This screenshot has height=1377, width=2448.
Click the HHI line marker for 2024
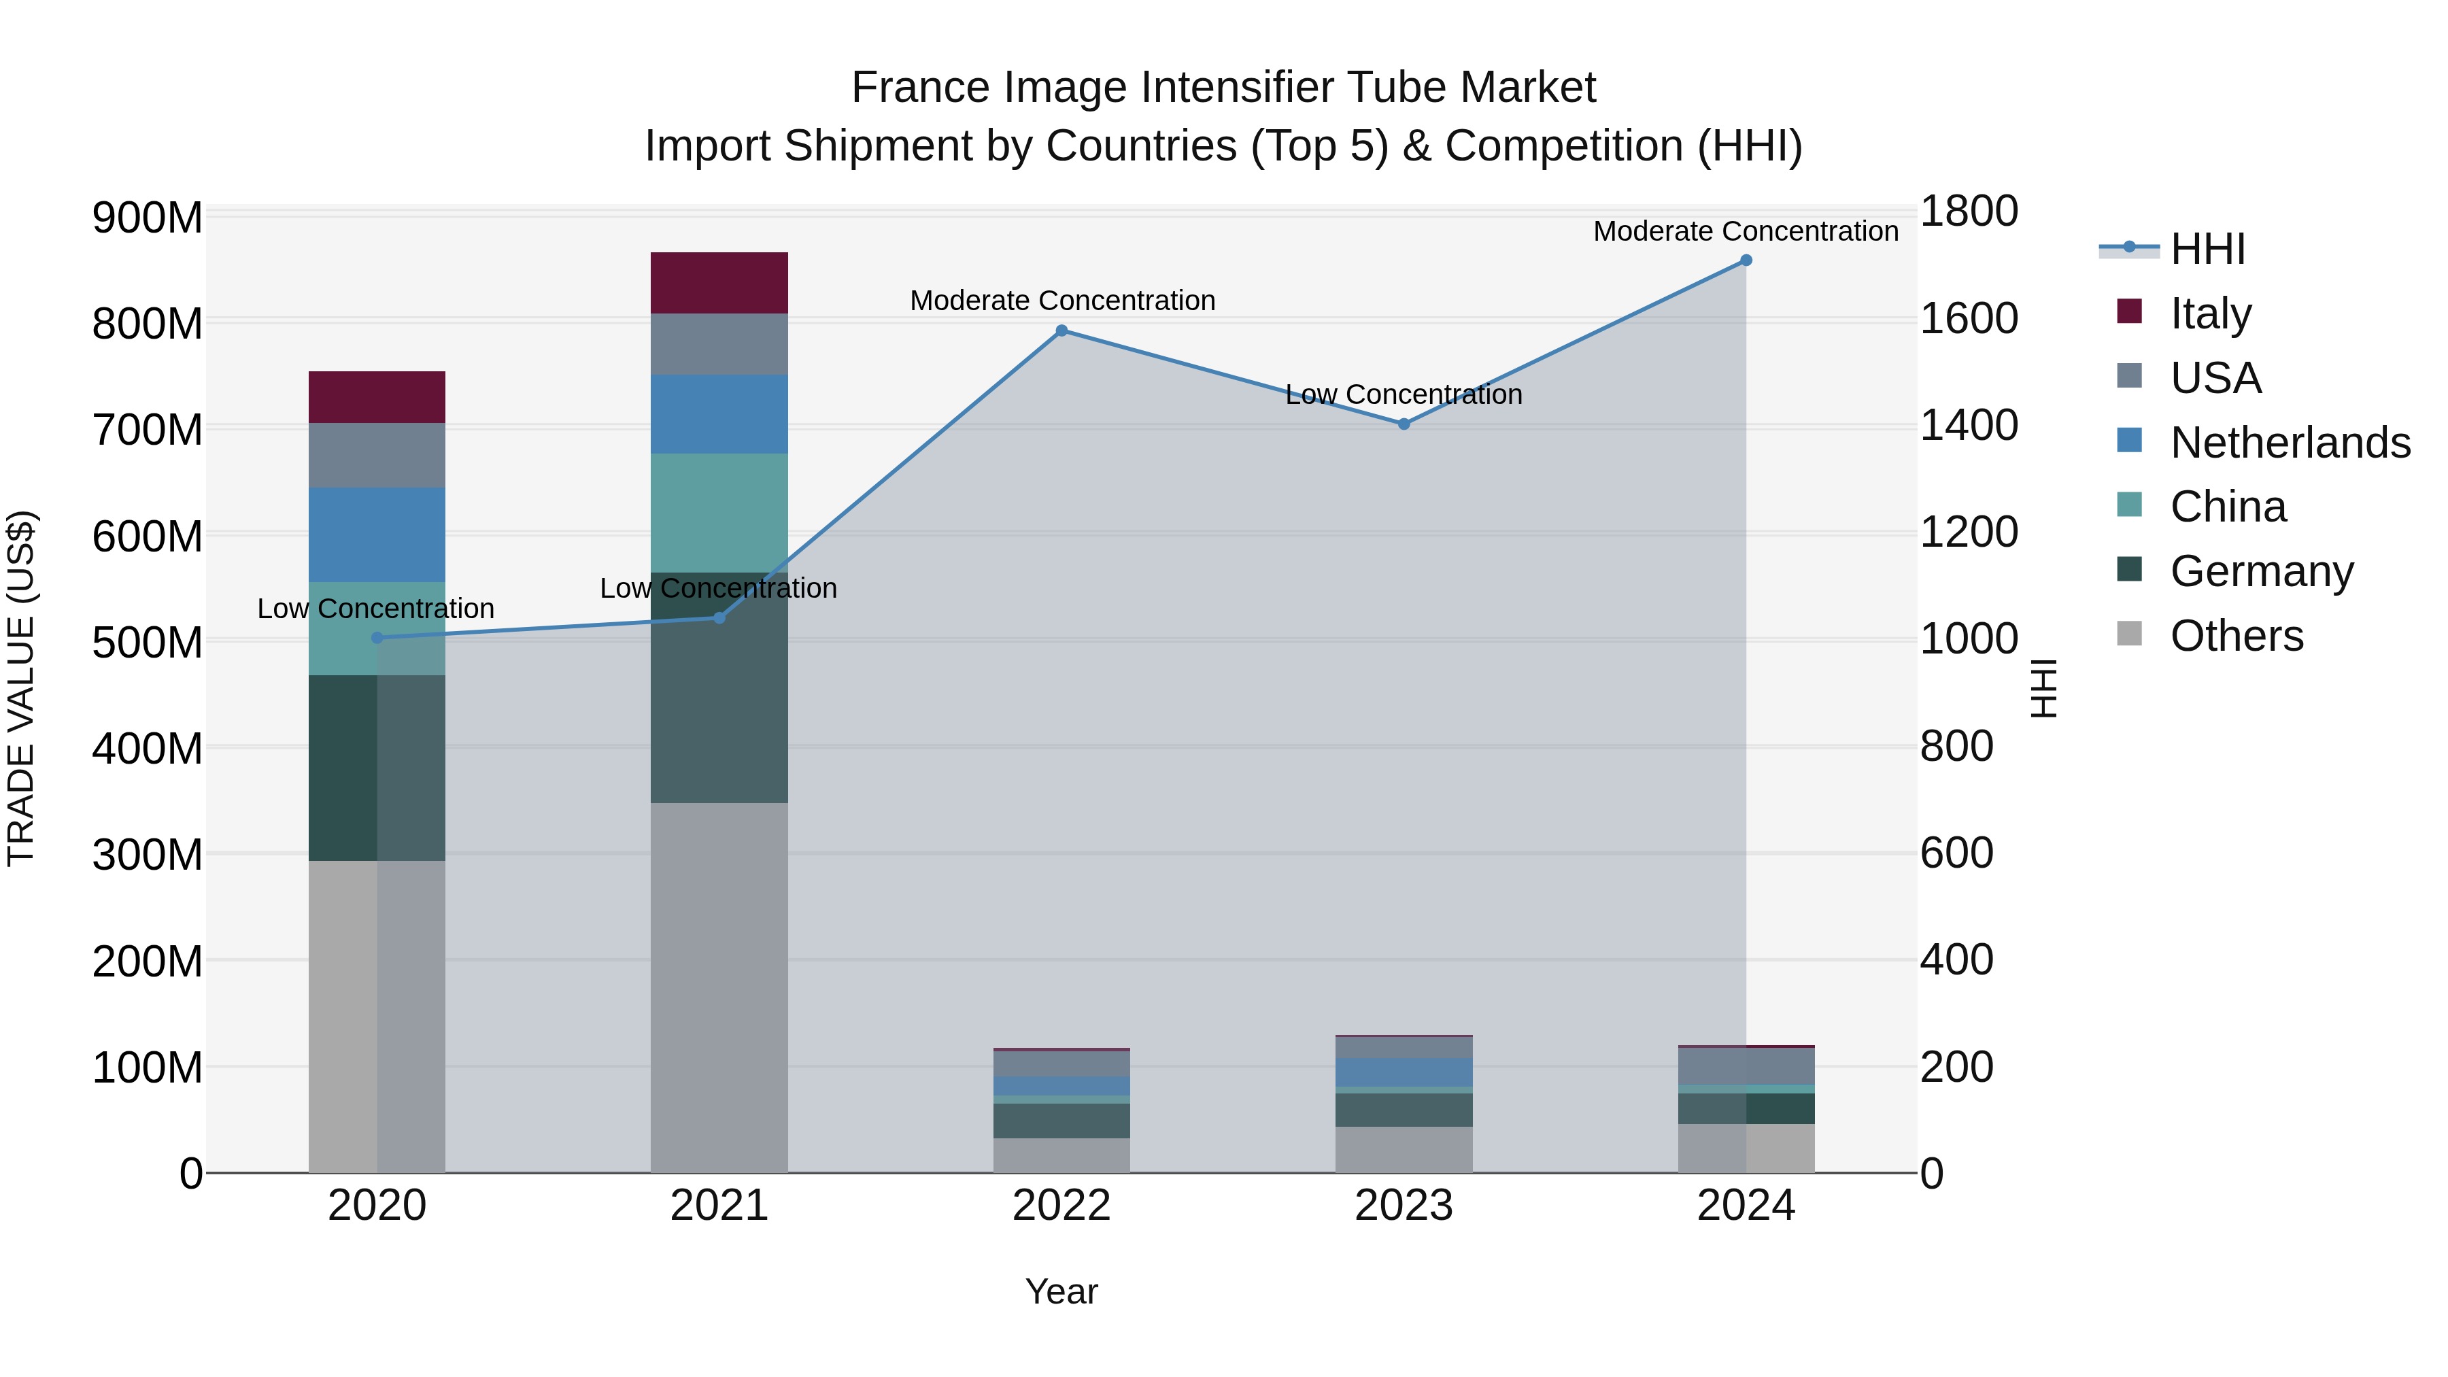[x=1746, y=260]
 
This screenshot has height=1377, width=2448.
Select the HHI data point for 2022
[x=1061, y=330]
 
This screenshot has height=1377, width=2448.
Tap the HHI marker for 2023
[x=1404, y=424]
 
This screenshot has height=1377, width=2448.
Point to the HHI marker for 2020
[x=377, y=638]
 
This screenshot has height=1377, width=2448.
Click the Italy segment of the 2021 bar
[x=719, y=283]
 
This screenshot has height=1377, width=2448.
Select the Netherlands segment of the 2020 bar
[x=377, y=535]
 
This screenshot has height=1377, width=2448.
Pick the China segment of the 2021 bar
[x=719, y=513]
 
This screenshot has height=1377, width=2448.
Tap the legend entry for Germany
[x=2262, y=571]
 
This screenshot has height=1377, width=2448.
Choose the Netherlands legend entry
[x=2290, y=443]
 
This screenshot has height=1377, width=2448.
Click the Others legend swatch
[x=2130, y=634]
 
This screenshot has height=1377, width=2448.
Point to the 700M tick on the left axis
[x=148, y=430]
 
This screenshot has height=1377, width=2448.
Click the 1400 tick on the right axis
[x=1968, y=425]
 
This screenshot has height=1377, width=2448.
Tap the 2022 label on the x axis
[x=1061, y=1206]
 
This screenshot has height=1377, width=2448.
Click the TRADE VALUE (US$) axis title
[x=22, y=688]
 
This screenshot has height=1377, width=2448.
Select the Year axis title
[x=1061, y=1291]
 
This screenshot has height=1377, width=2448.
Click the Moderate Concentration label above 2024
[x=1746, y=231]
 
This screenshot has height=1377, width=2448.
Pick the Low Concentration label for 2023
[x=1404, y=394]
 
